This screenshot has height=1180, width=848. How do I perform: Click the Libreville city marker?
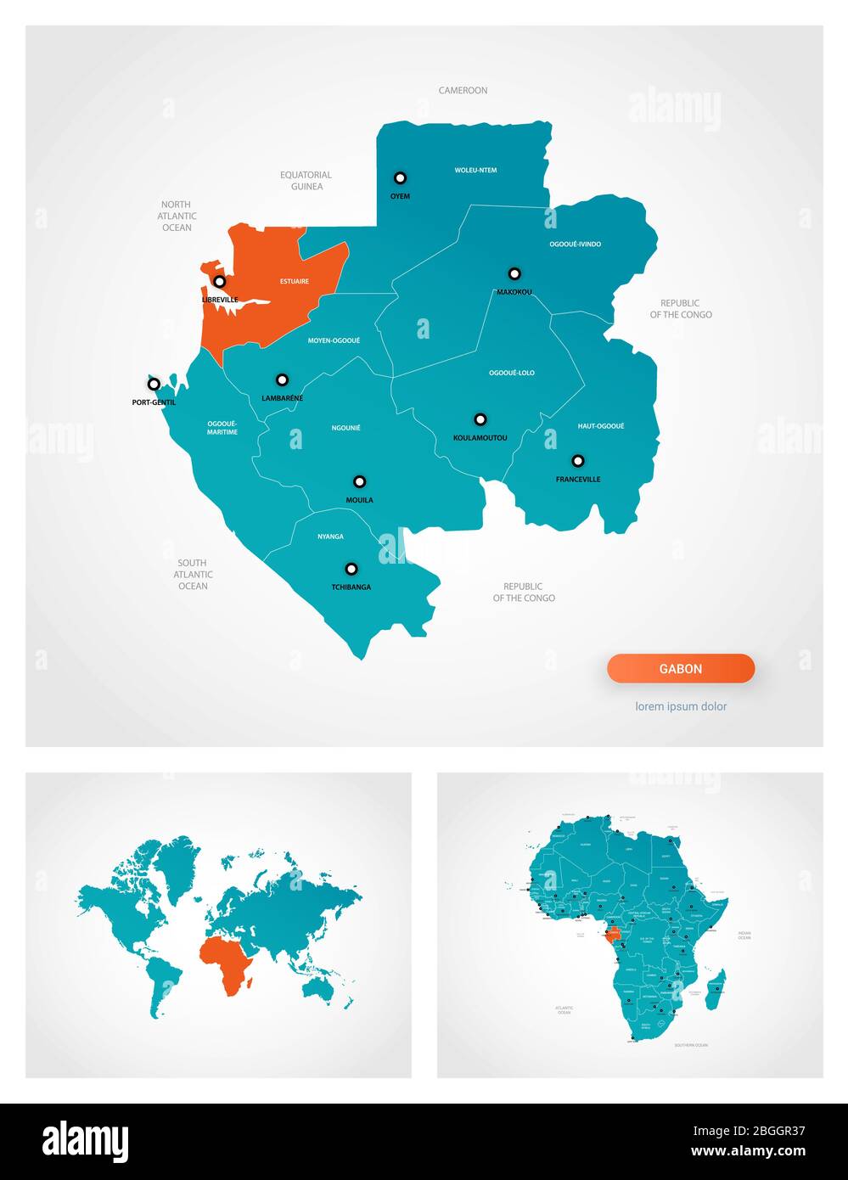click(219, 281)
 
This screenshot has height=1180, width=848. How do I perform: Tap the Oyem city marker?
click(400, 178)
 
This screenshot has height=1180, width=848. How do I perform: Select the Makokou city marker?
click(514, 273)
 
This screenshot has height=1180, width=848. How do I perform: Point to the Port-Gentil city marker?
click(154, 385)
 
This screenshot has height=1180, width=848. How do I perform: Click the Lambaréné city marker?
click(282, 380)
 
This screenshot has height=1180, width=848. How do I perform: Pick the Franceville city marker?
click(578, 461)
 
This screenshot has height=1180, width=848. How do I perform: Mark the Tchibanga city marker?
click(351, 569)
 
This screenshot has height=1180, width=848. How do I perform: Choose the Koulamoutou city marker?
click(480, 419)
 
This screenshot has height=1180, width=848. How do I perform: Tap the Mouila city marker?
click(360, 481)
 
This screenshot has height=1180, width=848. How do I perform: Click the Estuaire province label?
click(295, 281)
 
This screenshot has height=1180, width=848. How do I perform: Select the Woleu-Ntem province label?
click(475, 171)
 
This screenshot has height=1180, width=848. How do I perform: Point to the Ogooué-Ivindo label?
click(576, 244)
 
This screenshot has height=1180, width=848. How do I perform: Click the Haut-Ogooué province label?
click(601, 426)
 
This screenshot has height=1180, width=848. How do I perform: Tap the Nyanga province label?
click(330, 537)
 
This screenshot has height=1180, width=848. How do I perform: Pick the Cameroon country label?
click(463, 90)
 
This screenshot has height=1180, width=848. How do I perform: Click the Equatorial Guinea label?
click(306, 181)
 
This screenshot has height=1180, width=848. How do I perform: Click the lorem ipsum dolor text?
click(681, 706)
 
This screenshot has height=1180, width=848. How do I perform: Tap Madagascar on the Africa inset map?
click(716, 990)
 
